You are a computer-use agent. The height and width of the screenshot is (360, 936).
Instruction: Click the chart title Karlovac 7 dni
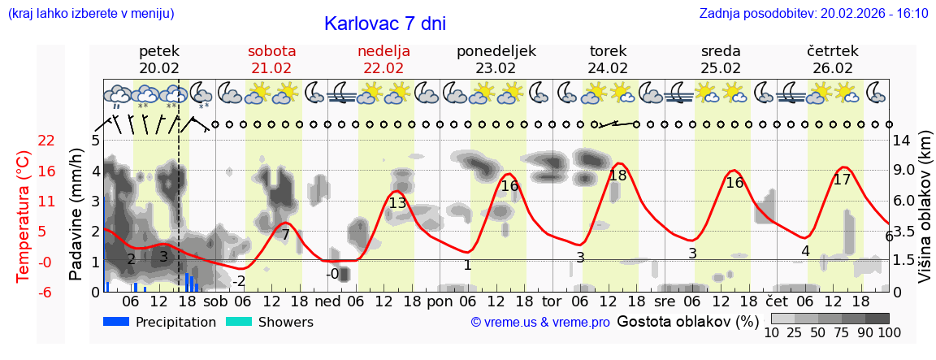(384, 24)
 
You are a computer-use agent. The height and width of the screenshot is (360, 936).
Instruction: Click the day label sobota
(271, 51)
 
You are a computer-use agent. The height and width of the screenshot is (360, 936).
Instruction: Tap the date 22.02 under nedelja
(383, 68)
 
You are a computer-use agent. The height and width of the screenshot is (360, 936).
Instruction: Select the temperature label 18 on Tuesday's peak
(617, 175)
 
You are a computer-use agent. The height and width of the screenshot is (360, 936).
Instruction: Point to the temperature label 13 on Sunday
(397, 203)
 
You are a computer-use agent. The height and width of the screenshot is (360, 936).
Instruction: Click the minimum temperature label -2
(238, 281)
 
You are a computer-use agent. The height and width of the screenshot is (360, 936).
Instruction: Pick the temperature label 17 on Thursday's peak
(842, 180)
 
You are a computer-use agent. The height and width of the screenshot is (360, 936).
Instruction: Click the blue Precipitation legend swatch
(116, 322)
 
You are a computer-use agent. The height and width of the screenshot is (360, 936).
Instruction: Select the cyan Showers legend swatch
(238, 322)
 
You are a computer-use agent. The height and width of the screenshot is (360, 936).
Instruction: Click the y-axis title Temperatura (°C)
(24, 215)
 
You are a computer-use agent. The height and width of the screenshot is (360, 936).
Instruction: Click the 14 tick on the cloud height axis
(902, 141)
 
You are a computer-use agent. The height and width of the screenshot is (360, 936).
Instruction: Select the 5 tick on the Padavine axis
(94, 141)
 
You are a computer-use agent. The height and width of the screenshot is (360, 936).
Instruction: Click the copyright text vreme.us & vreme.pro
(540, 323)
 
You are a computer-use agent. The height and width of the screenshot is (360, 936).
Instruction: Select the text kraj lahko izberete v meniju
(90, 14)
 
